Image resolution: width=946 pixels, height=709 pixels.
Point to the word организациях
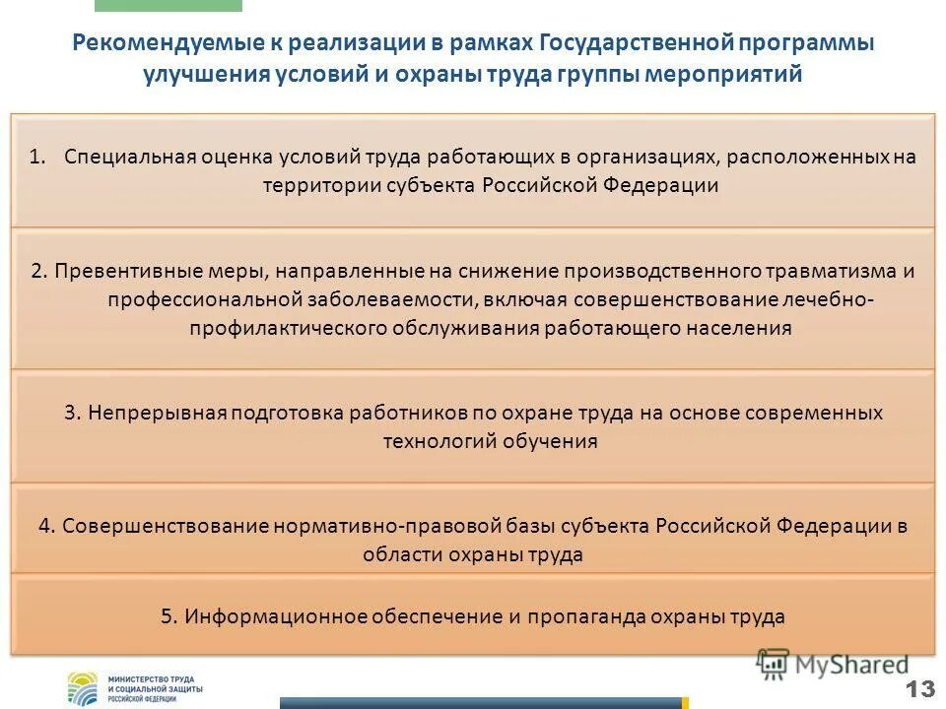pyautogui.click(x=586, y=158)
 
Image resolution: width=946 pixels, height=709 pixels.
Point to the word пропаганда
pyautogui.click(x=584, y=616)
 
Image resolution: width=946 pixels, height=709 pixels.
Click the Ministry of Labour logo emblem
pyautogui.click(x=83, y=687)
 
